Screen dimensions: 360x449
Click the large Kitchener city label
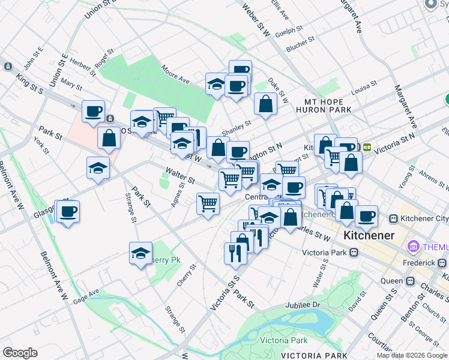(369, 235)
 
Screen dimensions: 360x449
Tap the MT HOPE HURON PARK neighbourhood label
(323, 106)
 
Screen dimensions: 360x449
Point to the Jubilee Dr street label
(304, 305)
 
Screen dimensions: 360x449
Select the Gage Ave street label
(86, 295)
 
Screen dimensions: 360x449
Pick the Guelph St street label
(288, 31)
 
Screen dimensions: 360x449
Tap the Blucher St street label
(301, 46)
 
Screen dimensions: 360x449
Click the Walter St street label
(181, 176)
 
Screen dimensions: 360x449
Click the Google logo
(20, 353)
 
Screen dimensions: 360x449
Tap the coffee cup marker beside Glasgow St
(67, 212)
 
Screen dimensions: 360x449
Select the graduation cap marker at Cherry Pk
(140, 254)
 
